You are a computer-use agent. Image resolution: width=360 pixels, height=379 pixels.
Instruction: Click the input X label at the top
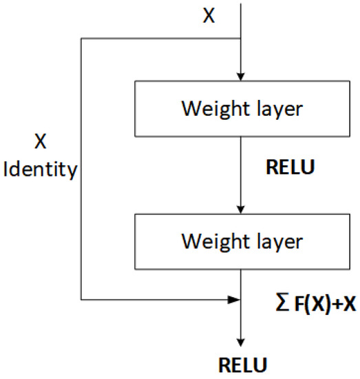(x=209, y=16)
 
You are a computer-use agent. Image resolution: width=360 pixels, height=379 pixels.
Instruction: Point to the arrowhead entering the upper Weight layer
(x=240, y=78)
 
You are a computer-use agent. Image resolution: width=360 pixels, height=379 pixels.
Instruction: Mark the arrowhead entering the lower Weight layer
(x=240, y=210)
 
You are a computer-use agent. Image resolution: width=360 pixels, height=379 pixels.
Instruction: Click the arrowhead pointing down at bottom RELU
(x=240, y=341)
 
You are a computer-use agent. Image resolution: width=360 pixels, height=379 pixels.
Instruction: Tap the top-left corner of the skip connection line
(x=82, y=39)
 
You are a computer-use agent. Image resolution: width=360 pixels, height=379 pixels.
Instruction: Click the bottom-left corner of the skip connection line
(x=82, y=300)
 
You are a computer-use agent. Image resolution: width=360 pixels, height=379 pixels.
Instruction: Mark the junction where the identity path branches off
(x=240, y=39)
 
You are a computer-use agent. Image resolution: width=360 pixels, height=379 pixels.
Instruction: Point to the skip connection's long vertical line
(x=82, y=221)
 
